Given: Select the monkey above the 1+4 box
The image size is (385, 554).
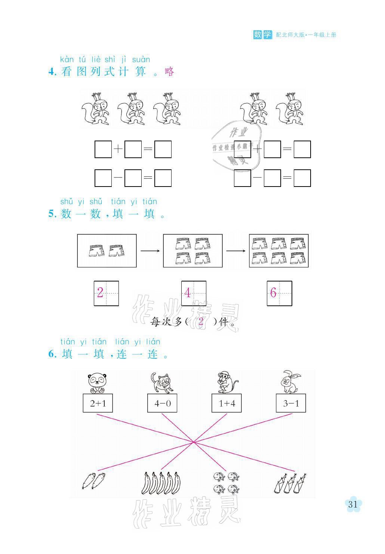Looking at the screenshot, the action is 226,382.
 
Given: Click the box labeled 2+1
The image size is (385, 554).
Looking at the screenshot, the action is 98,403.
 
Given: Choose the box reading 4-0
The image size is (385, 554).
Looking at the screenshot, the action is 162,403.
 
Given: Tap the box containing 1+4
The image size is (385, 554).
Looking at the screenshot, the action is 227,403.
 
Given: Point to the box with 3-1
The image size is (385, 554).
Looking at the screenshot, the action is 291,403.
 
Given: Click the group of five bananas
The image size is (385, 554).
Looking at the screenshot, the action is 161,483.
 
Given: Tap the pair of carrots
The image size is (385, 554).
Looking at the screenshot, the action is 93,481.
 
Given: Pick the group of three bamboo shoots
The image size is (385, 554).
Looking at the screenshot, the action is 291,483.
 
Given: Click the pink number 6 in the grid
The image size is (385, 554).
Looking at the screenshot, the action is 273,293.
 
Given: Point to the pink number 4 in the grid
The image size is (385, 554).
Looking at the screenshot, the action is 188,293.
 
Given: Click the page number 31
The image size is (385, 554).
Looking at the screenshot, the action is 353,504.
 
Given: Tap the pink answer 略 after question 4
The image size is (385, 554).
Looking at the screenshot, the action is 169,71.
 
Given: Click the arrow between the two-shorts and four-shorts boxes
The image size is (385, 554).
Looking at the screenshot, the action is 150,250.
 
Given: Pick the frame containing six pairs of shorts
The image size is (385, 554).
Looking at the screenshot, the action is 279,250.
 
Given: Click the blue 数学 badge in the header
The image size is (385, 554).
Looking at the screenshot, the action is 263,35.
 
